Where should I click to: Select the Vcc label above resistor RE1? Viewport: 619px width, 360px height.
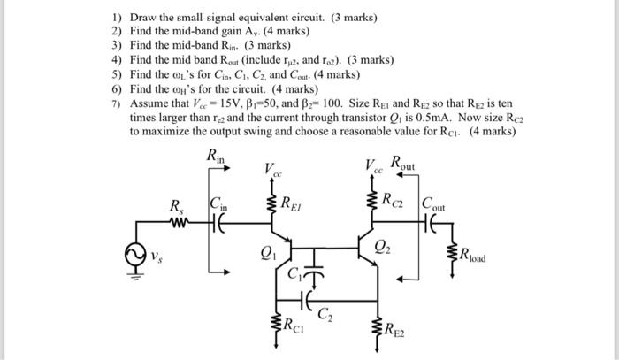(x=272, y=169)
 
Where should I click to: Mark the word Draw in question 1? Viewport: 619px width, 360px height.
(x=143, y=18)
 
